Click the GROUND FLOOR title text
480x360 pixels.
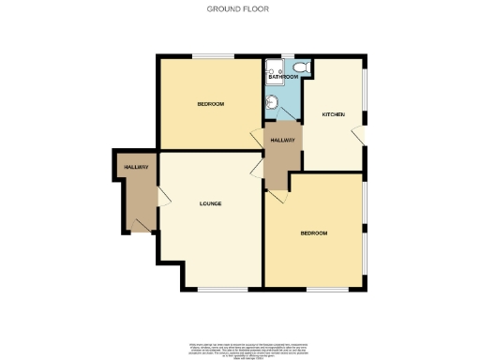[239, 8]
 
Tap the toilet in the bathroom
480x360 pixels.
[302, 67]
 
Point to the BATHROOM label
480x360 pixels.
[282, 77]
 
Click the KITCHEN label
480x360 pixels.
[334, 114]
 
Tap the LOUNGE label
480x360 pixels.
[210, 202]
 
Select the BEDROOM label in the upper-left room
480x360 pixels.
[210, 103]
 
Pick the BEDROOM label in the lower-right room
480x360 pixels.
[313, 232]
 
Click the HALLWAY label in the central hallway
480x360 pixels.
[282, 141]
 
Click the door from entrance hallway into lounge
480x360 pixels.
[162, 196]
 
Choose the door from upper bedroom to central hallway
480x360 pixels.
[258, 137]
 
